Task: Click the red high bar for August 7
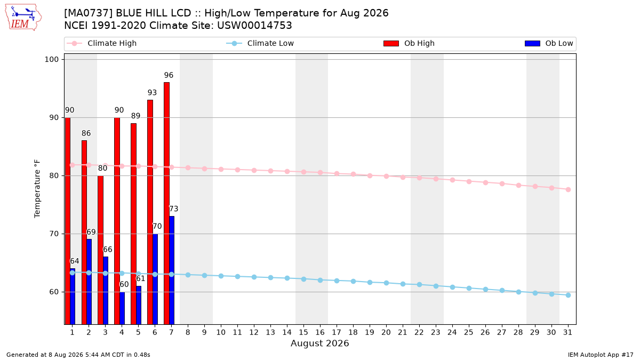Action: pyautogui.click(x=166, y=203)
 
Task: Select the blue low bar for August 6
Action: pyautogui.click(x=155, y=279)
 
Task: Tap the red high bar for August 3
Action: pyautogui.click(x=101, y=250)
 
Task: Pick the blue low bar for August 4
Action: pyautogui.click(x=122, y=308)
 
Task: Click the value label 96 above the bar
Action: pyautogui.click(x=169, y=75)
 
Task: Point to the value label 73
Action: pyautogui.click(x=174, y=209)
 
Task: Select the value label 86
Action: pyautogui.click(x=86, y=133)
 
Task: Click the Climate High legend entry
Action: pyautogui.click(x=101, y=43)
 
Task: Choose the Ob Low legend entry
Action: pyautogui.click(x=549, y=43)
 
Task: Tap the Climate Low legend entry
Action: pyautogui.click(x=260, y=43)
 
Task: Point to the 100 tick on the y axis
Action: pyautogui.click(x=51, y=59)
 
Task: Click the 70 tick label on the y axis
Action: pyautogui.click(x=54, y=234)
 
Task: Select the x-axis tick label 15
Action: pyautogui.click(x=303, y=332)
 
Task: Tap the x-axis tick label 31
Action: pyautogui.click(x=567, y=332)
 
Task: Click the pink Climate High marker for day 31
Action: pyautogui.click(x=569, y=189)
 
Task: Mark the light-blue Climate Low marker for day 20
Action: pyautogui.click(x=386, y=283)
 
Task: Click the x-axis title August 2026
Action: pyautogui.click(x=319, y=343)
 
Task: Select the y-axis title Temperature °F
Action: pyautogui.click(x=37, y=189)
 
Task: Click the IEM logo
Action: pyautogui.click(x=23, y=18)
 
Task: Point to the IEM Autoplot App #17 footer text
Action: pyautogui.click(x=601, y=355)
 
